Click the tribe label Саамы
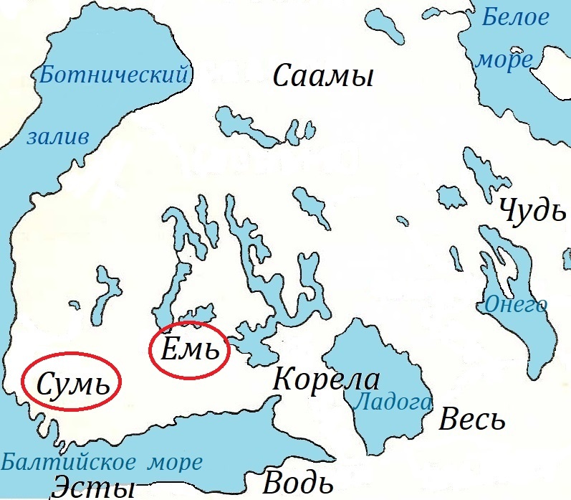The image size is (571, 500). point(324,76)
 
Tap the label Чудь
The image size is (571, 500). point(528,209)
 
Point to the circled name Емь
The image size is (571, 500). point(190,351)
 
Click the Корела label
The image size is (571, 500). point(326,379)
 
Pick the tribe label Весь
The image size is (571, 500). point(472,418)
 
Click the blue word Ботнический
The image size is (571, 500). point(114,73)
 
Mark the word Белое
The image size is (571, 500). point(514,18)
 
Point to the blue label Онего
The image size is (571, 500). point(515,304)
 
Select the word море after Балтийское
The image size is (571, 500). point(176,462)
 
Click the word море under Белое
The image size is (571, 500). point(505,60)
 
